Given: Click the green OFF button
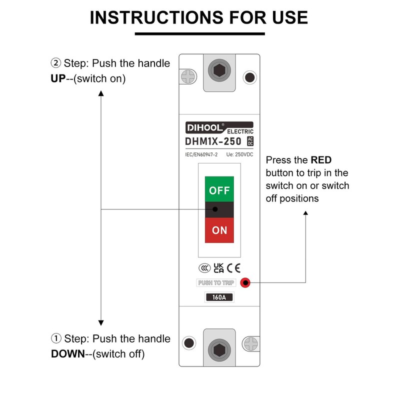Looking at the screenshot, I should coord(219,190).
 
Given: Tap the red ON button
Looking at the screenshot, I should coord(219,230).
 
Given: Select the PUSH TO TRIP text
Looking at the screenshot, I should coord(216,283).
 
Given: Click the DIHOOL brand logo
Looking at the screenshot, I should coord(204,126).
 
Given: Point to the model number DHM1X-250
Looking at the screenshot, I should coord(213,141).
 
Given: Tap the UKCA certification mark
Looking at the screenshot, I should coord(218,267).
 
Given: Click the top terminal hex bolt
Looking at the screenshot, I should coord(219,70).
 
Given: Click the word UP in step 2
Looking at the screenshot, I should coord(58,79).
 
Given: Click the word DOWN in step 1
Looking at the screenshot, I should coord(67,354).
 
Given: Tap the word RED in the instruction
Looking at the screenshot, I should coord(321,160).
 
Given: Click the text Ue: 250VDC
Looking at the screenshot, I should coord(239,155).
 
